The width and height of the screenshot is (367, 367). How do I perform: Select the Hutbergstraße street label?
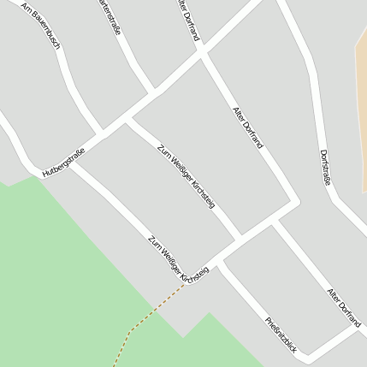(x=64, y=162)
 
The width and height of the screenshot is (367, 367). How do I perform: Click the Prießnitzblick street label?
(x=281, y=334)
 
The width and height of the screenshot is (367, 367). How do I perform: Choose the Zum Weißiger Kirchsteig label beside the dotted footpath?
(x=178, y=261)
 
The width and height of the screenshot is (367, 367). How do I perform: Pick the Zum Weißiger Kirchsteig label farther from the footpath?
(x=186, y=175)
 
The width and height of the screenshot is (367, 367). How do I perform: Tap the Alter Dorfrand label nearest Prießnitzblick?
(x=344, y=307)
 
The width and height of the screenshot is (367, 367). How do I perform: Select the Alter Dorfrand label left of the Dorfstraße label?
(x=248, y=128)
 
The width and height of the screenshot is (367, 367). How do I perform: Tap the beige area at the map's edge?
(x=360, y=103)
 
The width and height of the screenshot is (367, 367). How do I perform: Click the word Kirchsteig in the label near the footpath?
(x=194, y=274)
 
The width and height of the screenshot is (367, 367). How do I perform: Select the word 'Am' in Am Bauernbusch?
(x=25, y=9)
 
